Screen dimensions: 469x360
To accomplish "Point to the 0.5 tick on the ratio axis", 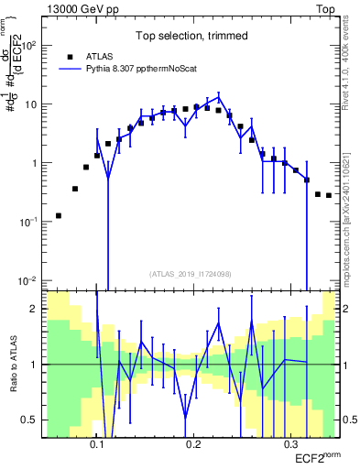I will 35,420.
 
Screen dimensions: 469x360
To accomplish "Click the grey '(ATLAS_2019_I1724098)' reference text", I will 190,273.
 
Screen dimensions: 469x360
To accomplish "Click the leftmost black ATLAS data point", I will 59,216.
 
